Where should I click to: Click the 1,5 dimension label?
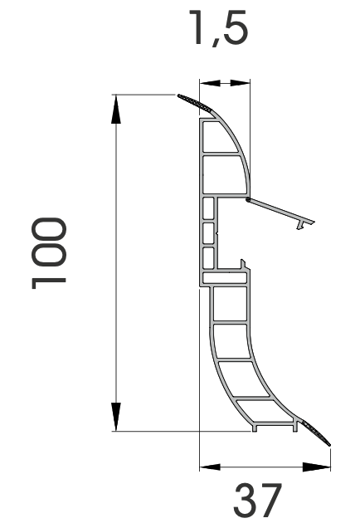click(x=218, y=27)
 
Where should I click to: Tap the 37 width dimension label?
click(x=258, y=501)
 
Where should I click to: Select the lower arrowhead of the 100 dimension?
click(x=116, y=417)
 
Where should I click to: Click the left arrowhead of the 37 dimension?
click(x=210, y=467)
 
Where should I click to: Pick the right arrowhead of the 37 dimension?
click(x=317, y=467)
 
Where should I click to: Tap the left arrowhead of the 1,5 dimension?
click(x=210, y=83)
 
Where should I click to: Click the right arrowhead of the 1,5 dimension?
click(x=241, y=83)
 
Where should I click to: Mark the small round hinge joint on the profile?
click(x=248, y=200)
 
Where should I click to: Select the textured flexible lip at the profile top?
click(x=195, y=103)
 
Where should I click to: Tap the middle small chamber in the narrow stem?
click(x=208, y=232)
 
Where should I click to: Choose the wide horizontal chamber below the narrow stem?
click(x=225, y=278)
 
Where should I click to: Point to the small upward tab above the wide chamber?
click(x=242, y=264)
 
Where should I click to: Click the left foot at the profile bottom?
click(x=255, y=428)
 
